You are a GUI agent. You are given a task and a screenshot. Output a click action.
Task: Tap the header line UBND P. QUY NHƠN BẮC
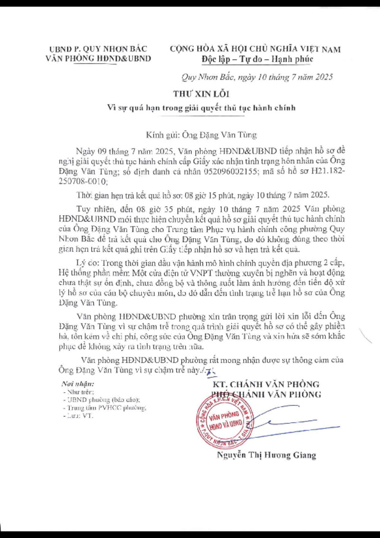pyautogui.click(x=98, y=48)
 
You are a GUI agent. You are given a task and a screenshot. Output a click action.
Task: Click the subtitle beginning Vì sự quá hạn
pyautogui.click(x=201, y=107)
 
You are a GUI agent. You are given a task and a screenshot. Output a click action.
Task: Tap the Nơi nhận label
pyautogui.click(x=78, y=384)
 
